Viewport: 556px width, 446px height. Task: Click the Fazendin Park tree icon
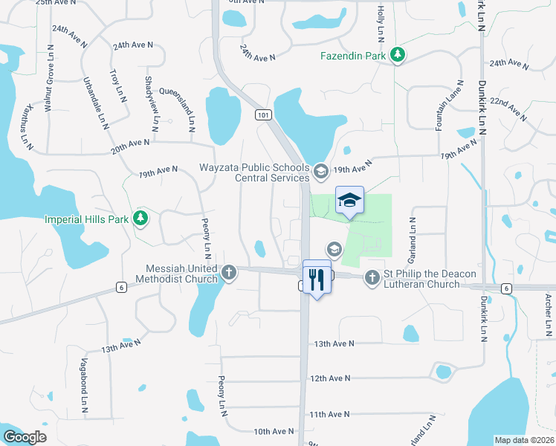(x=398, y=54)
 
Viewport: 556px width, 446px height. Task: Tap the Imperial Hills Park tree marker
(x=139, y=218)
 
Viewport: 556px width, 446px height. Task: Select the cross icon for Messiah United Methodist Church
(x=229, y=272)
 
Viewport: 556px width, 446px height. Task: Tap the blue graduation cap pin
(x=349, y=200)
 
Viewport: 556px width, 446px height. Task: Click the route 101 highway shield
(x=262, y=115)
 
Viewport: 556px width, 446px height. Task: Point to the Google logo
(x=25, y=437)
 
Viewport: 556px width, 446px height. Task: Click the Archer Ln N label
(x=548, y=312)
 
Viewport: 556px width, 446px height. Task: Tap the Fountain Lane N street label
(x=450, y=106)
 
